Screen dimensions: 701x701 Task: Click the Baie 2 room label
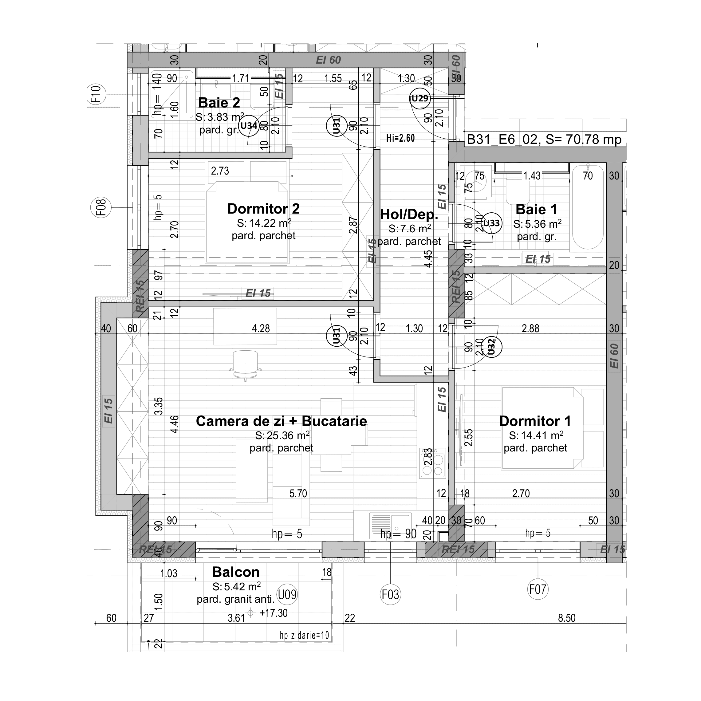(219, 103)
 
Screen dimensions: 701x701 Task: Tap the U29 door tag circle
(420, 98)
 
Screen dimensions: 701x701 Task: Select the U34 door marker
(249, 126)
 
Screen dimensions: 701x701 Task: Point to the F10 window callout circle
(96, 94)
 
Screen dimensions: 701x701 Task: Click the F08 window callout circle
(101, 207)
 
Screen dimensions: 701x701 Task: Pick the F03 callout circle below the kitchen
(390, 594)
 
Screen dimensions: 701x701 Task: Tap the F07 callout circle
(538, 589)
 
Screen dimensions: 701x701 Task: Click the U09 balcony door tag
(287, 594)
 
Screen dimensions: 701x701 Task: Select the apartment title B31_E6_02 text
(544, 139)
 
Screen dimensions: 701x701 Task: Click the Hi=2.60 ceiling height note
(400, 138)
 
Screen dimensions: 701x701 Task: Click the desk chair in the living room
(245, 364)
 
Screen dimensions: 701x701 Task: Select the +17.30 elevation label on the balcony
(274, 613)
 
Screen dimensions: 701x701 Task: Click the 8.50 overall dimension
(566, 618)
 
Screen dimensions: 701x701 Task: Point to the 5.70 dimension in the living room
(298, 494)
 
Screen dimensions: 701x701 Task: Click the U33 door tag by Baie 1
(492, 223)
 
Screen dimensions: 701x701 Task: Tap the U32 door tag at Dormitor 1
(492, 347)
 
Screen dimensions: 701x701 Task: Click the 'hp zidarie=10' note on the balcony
(304, 635)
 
